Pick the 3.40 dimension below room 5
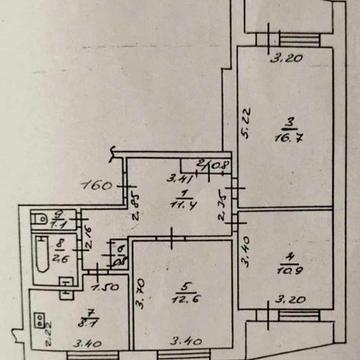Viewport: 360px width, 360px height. click(x=182, y=349)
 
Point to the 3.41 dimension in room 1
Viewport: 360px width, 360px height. click(x=181, y=180)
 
